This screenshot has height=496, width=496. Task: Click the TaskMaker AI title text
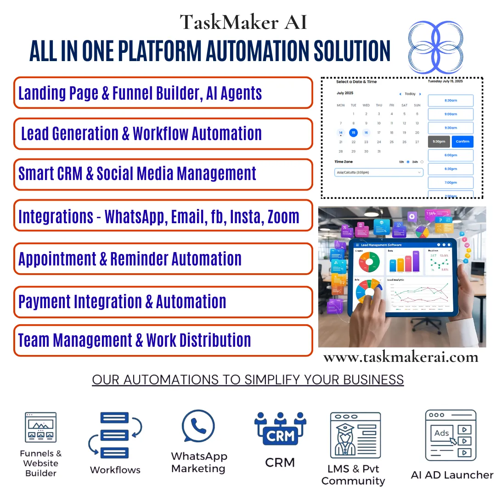click(243, 22)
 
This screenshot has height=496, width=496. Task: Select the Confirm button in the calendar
click(462, 141)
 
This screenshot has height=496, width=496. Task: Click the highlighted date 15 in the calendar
click(353, 133)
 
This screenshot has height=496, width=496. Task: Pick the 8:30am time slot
click(450, 101)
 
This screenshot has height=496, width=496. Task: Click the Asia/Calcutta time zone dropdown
click(379, 172)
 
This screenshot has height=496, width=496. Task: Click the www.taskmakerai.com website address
click(400, 357)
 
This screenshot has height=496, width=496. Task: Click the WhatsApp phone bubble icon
click(198, 427)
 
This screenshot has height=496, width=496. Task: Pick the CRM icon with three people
click(280, 429)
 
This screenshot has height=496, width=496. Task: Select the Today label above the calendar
click(410, 94)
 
